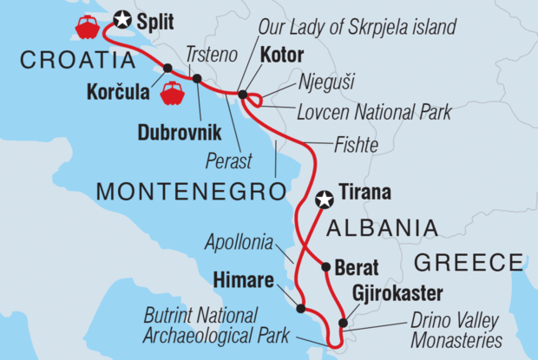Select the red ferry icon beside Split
(x=89, y=28)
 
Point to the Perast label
(x=228, y=161)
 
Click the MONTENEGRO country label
(x=191, y=190)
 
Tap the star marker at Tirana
(x=325, y=200)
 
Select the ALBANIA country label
(x=381, y=227)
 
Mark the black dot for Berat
(x=325, y=267)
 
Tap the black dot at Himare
(x=300, y=308)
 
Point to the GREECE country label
(x=469, y=262)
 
